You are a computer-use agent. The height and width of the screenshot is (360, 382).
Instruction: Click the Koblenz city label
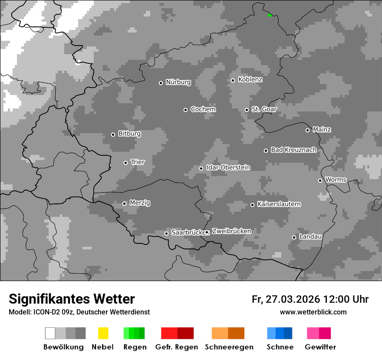point(250,79)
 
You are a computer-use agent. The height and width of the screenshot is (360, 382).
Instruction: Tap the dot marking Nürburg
point(161,83)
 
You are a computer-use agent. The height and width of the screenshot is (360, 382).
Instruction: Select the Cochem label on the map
point(203,109)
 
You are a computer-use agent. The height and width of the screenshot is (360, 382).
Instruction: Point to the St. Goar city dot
point(247,110)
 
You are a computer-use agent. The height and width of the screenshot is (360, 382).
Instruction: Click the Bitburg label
point(129,134)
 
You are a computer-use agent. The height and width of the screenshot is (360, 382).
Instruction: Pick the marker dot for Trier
point(125,163)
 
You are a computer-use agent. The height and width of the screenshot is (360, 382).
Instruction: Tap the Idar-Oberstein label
point(228,168)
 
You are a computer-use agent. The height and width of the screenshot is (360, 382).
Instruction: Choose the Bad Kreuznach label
point(293,150)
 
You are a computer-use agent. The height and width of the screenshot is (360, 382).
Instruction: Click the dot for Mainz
point(307,130)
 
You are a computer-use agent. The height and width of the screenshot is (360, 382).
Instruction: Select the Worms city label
point(336,180)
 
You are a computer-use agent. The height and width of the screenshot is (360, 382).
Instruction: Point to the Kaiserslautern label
point(279,204)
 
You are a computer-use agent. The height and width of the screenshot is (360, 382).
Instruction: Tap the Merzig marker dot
point(124,203)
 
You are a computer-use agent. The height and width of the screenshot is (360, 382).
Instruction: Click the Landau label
point(310,237)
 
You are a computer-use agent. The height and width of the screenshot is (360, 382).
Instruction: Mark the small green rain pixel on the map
point(270,15)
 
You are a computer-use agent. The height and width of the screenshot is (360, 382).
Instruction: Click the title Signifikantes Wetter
point(72,299)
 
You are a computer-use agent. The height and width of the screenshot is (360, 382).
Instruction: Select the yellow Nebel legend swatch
point(103,333)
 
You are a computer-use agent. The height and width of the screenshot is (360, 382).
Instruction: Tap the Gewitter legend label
point(320,347)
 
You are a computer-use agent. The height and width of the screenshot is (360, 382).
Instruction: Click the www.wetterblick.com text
point(313,312)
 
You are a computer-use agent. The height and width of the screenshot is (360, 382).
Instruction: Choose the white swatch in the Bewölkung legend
point(50,333)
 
